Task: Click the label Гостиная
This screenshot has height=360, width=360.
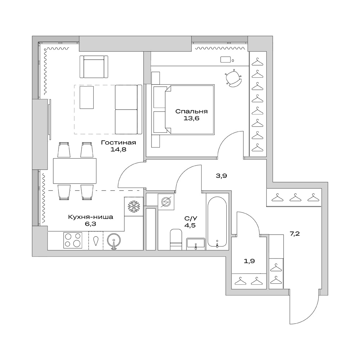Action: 118,142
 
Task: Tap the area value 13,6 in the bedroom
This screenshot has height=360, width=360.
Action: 191,119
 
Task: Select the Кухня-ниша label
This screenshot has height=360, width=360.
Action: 90,217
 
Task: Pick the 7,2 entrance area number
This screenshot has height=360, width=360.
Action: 294,233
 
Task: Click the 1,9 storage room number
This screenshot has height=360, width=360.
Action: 249,261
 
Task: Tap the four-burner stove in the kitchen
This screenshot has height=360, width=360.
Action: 73,240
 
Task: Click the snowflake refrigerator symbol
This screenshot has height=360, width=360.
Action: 134,206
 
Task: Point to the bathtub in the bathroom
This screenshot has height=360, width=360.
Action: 217,222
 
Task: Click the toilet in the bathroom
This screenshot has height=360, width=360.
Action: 176,240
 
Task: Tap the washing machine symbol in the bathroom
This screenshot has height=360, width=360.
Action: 166,202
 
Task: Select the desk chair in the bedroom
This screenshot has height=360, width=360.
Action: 233,78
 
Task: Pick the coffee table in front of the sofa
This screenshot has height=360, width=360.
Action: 87,97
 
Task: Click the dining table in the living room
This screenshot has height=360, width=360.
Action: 75,171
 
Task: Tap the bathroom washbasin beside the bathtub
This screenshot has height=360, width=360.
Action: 196,244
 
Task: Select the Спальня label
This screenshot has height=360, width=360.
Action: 191,112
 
